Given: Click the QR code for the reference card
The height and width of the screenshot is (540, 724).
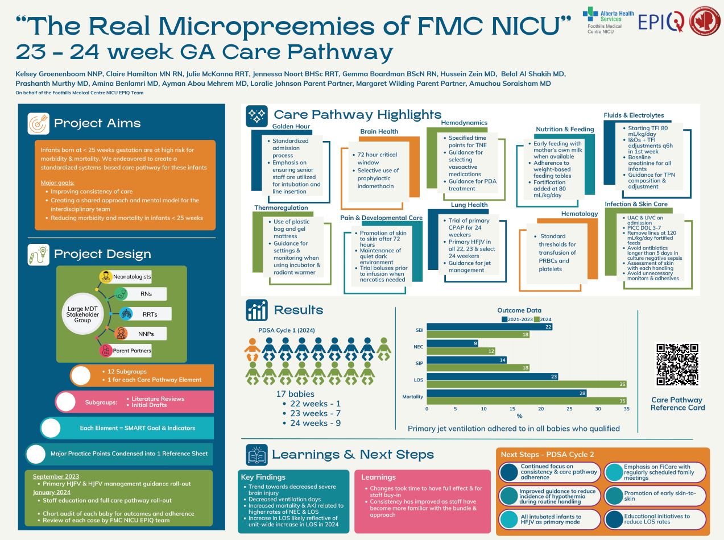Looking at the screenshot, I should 677,365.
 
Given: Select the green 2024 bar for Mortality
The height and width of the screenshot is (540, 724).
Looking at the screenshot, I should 527,401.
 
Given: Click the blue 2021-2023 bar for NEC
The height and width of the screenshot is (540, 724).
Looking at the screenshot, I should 452,343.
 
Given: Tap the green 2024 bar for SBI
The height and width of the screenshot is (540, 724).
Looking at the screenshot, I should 478,335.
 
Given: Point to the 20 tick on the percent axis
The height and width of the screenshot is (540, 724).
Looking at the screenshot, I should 541,409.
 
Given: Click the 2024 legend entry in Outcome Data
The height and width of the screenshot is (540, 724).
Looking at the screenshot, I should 542,319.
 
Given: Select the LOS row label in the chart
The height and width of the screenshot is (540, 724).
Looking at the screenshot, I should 418,379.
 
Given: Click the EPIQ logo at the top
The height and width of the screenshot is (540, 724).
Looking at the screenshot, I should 660,21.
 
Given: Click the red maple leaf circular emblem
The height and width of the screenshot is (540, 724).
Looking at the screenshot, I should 705,22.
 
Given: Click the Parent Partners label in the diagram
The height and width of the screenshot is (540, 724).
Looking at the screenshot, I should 131,351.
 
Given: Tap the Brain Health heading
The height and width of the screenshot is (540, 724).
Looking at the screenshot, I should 379,131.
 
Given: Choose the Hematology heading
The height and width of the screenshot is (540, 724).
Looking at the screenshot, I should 580,214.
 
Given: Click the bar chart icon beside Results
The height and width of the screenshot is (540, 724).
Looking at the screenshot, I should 256,310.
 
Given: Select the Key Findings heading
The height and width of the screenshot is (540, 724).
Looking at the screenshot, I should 263,477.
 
